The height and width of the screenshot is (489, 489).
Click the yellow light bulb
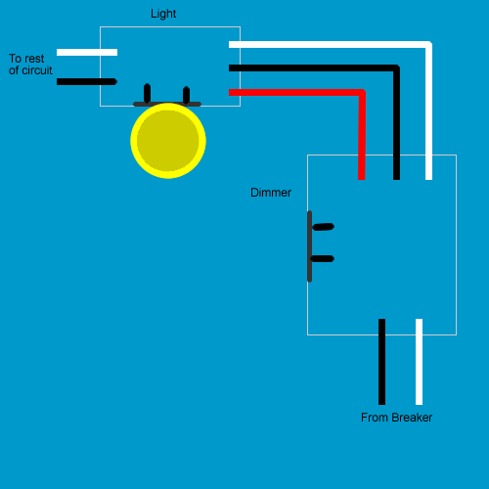[x=168, y=141]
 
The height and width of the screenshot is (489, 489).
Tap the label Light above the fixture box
[x=163, y=14]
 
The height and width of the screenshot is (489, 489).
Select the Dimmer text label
[x=271, y=193]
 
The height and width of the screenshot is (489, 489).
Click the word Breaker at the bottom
[x=412, y=418]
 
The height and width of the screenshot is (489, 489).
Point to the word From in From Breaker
[x=375, y=418]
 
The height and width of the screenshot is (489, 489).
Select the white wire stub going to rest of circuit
[x=87, y=52]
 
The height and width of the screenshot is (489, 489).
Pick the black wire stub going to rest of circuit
[x=87, y=81]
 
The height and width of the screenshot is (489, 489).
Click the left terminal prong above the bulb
[x=147, y=93]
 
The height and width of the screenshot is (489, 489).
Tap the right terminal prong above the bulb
[x=186, y=94]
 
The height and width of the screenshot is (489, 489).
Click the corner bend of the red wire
[x=361, y=93]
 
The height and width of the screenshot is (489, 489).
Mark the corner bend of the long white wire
[x=428, y=45]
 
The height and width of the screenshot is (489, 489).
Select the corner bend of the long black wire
[x=396, y=68]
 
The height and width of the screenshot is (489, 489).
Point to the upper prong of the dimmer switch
[x=323, y=227]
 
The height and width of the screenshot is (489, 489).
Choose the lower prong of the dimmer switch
[x=323, y=259]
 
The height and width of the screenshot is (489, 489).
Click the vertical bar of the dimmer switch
[x=310, y=246]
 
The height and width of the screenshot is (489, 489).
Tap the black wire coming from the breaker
[x=381, y=362]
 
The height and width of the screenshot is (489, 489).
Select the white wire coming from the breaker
[x=419, y=362]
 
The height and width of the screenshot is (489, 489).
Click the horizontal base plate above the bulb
[x=167, y=104]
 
